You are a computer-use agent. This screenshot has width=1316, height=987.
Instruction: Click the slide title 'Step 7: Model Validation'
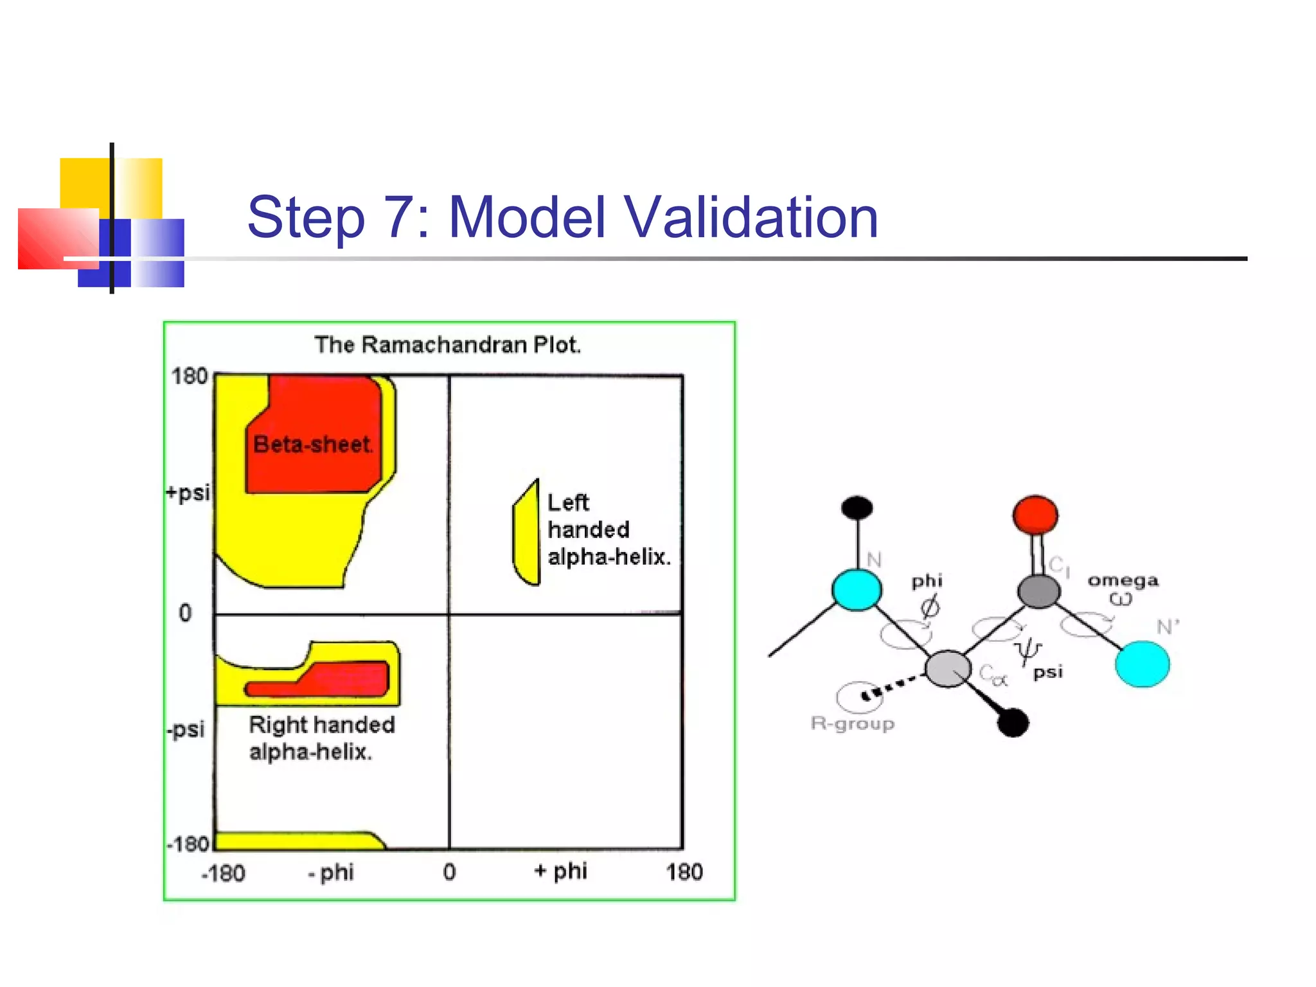(x=562, y=217)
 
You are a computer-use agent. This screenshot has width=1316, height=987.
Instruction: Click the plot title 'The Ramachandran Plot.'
(x=448, y=345)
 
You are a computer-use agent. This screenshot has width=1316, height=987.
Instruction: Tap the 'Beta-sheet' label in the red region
(x=313, y=444)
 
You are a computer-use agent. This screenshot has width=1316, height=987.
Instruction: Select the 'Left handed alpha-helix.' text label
(x=608, y=529)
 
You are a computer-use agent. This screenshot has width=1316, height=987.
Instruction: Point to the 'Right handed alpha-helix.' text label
(x=321, y=738)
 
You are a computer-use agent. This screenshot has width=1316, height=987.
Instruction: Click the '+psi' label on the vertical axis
(x=188, y=493)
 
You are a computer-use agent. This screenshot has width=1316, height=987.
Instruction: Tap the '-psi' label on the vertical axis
(x=186, y=729)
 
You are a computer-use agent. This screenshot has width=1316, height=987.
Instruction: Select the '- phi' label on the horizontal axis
(x=331, y=873)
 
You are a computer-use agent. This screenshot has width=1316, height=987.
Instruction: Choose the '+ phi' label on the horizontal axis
(x=560, y=871)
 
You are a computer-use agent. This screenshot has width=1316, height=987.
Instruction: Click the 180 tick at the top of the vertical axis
(x=189, y=376)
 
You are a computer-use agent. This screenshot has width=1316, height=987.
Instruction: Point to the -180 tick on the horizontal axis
(x=223, y=873)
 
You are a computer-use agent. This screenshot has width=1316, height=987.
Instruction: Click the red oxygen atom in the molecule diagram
(x=1035, y=514)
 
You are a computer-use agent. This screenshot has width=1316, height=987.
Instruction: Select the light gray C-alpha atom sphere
(x=947, y=668)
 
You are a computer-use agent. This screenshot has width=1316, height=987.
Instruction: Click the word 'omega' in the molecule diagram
(x=1123, y=580)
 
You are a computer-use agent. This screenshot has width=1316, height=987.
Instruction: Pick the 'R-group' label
(x=852, y=724)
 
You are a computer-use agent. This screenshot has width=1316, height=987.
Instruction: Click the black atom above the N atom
(x=857, y=508)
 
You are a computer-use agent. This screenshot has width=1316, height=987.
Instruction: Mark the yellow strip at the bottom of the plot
(x=296, y=840)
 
